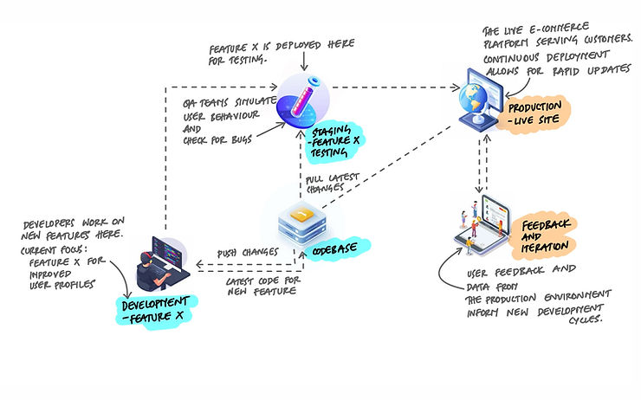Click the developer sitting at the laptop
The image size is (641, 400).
tap(160, 262)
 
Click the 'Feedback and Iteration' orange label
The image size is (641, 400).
tap(547, 234)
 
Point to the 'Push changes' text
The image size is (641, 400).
tap(247, 252)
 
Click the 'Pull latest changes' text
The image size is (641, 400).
tap(325, 184)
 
